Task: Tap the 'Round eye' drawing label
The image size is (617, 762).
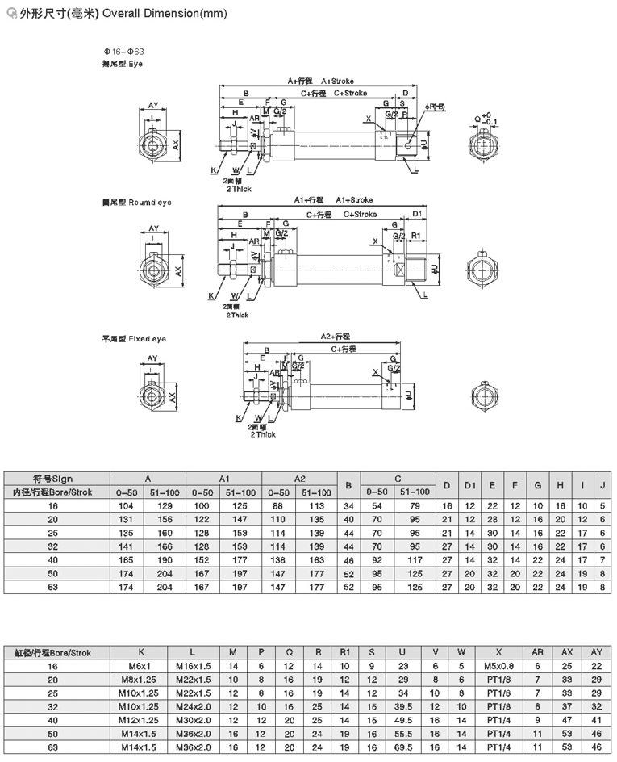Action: [x=131, y=202]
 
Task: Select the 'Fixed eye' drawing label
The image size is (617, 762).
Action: [x=128, y=339]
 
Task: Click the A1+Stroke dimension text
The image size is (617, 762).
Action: [x=354, y=199]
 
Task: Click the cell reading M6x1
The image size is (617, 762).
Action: [x=141, y=666]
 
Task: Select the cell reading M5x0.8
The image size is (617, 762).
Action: [x=499, y=666]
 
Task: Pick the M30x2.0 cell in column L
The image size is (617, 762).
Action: [x=194, y=718]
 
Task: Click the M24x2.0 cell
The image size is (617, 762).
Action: [x=194, y=705]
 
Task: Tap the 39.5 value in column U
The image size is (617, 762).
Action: [x=396, y=705]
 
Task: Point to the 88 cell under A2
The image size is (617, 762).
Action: [x=278, y=505]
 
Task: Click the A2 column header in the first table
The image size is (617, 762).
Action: [x=299, y=478]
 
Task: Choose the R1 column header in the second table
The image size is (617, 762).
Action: [x=345, y=653]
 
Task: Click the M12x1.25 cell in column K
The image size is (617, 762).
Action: [x=141, y=718]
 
